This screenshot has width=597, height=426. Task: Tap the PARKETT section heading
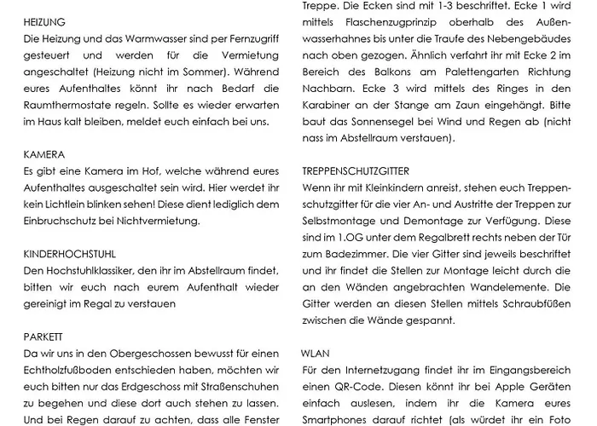click(x=43, y=337)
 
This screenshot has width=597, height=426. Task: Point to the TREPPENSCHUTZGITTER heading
click(x=355, y=171)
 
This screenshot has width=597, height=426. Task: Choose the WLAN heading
click(x=315, y=353)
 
